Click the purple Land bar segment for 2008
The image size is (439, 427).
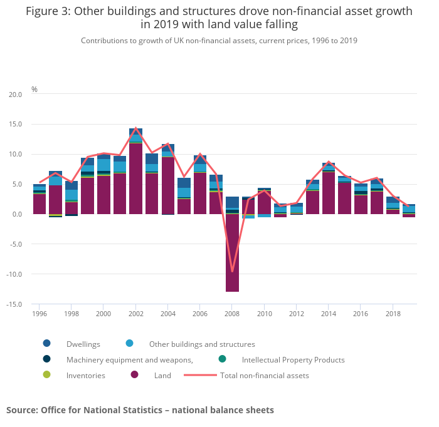[232, 253]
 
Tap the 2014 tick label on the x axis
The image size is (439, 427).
[329, 314]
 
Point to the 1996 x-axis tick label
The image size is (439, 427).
[40, 314]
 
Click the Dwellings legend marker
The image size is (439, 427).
[46, 344]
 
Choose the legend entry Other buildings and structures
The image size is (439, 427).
[201, 344]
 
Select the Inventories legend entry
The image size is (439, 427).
[85, 376]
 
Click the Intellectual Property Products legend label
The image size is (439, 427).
[293, 360]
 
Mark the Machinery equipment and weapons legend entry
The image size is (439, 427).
[129, 360]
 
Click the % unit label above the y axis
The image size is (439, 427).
[34, 90]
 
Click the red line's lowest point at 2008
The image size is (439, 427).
[232, 271]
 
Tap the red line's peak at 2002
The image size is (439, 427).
[135, 128]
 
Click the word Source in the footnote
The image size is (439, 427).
[22, 410]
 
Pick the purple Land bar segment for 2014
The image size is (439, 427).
[329, 193]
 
